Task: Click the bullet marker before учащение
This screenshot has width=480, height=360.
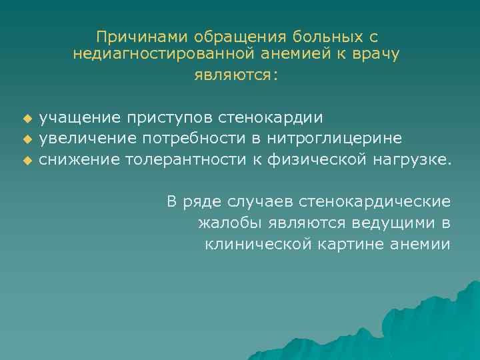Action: point(27,119)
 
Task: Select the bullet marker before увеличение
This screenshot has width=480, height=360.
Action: point(27,139)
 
